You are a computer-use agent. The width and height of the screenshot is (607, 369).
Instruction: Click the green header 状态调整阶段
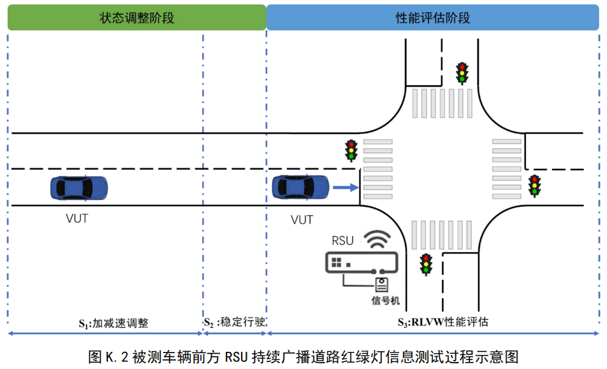(x=136, y=18)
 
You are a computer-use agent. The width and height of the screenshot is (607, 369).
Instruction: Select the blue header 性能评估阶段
(x=433, y=18)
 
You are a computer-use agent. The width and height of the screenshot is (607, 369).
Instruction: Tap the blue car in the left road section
(x=79, y=188)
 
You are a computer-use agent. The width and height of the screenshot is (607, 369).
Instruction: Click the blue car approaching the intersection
(x=301, y=187)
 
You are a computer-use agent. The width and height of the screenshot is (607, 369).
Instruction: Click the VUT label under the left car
(x=76, y=219)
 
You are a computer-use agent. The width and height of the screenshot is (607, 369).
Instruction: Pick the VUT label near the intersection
(x=302, y=220)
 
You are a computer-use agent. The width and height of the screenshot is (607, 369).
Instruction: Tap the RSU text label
(x=343, y=242)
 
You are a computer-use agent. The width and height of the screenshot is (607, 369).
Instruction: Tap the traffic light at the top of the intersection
(x=462, y=73)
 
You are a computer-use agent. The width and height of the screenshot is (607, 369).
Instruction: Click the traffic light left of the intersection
(x=351, y=150)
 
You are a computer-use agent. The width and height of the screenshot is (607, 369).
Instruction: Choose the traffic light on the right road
(x=535, y=185)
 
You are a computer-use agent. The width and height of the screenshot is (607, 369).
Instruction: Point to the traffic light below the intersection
(x=426, y=264)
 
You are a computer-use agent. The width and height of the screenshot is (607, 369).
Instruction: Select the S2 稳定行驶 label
(x=234, y=323)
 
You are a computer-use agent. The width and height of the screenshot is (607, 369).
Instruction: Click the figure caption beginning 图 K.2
(x=303, y=356)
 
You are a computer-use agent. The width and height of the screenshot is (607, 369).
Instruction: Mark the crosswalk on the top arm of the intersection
(x=441, y=103)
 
